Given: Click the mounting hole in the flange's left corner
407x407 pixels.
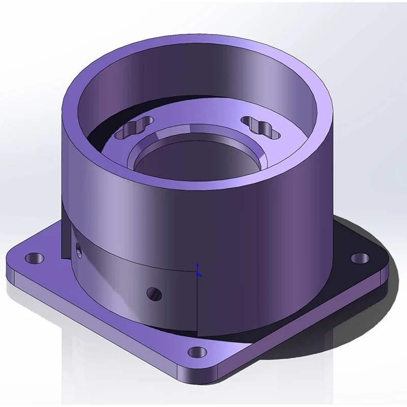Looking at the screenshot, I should click(35, 258).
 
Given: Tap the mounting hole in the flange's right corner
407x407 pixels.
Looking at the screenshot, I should click(360, 258).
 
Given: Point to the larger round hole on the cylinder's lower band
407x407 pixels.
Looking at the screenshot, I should click(153, 294).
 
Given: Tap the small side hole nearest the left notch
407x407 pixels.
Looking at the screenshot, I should click(78, 249).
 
